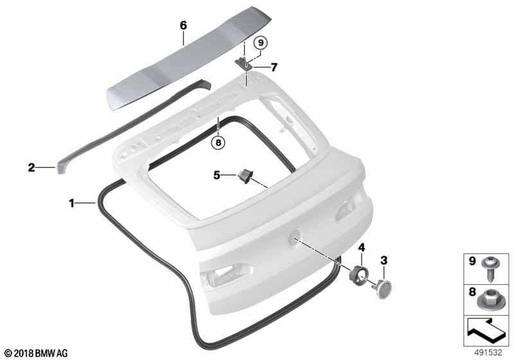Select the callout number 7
(274, 66)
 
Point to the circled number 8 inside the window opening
(218, 143)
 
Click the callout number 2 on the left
(31, 168)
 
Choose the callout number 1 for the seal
(72, 203)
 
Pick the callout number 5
(217, 174)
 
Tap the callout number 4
(362, 247)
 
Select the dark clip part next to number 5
(245, 175)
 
